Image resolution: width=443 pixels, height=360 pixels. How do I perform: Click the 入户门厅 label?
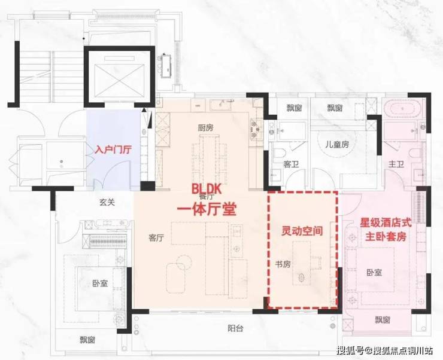pos(113,150)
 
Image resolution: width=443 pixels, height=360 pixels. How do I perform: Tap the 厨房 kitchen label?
pos(205,128)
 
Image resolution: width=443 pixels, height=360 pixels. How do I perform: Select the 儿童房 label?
pos(337,145)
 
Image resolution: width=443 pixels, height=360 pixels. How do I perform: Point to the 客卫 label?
pos(291,164)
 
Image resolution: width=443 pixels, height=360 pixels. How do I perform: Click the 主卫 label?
pos(396,164)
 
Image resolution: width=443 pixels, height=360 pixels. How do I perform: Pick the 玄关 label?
pos(107,202)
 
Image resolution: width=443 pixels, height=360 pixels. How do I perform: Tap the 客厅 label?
pos(156,238)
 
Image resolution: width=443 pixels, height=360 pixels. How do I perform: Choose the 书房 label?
pos(283,264)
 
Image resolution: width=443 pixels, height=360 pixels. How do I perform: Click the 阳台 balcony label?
pos(235,328)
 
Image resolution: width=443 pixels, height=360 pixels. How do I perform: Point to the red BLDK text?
pos(207,189)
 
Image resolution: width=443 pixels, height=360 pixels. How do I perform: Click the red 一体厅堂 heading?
pos(207,209)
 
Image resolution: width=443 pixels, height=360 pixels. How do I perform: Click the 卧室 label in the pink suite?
pos(374,272)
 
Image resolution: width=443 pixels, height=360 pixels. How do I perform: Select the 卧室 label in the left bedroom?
pos(100,283)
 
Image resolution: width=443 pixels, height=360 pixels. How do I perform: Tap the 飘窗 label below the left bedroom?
pos(87,340)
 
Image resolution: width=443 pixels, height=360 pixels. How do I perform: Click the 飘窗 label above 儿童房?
pos(335,108)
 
